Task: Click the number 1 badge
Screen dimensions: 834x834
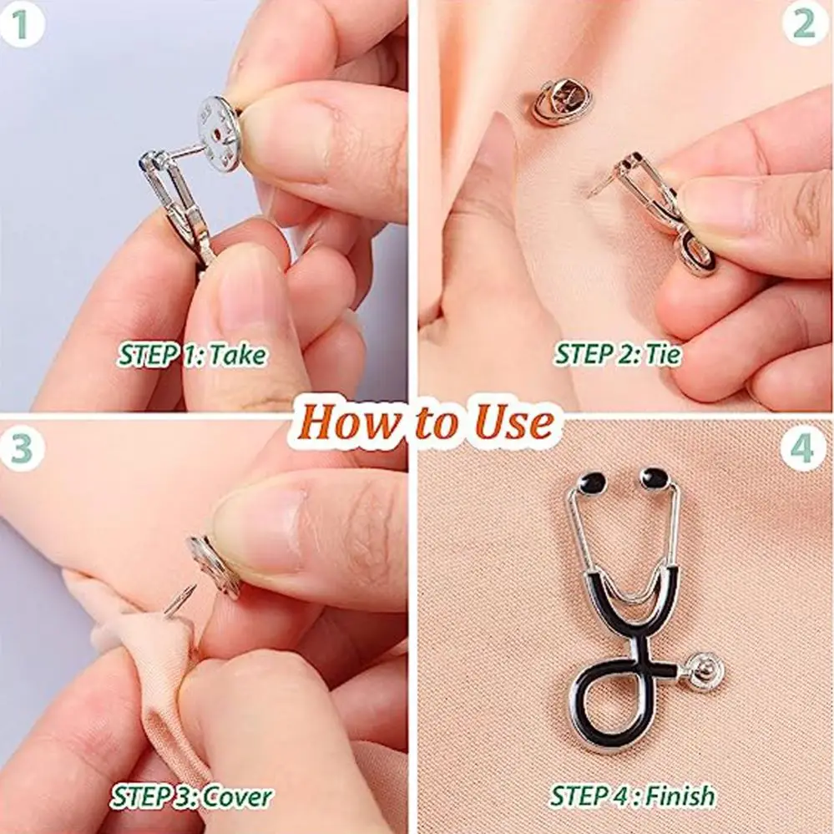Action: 24,25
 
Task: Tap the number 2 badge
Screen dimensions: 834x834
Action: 805,25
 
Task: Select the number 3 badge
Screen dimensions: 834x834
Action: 24,448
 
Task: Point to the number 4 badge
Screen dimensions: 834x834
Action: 803,448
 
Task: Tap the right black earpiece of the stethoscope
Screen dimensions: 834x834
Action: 655,478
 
